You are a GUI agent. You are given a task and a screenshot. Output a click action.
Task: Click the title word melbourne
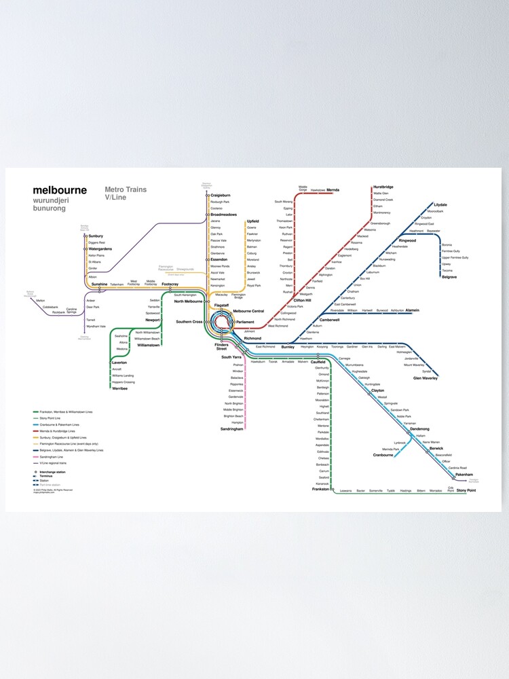coord(60,190)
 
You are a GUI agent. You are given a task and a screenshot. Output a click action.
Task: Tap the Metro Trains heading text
coord(126,189)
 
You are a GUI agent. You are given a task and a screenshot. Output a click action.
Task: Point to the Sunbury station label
coord(96,236)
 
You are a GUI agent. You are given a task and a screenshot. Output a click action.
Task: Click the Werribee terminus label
coord(119,388)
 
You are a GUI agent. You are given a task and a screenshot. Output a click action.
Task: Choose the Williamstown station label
coord(148,345)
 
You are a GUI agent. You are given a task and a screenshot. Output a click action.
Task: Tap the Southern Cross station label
coord(189,321)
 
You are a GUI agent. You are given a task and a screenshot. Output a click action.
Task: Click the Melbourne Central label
coord(248,311)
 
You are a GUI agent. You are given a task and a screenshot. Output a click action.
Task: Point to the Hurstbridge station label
coord(383,187)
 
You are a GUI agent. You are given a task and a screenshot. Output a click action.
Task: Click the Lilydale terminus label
coord(440,204)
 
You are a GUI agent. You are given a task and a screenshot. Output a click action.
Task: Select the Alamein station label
coord(413,310)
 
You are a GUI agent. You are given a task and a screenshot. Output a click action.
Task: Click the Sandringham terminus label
coord(231,429)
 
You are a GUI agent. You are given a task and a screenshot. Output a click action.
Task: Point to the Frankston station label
coord(321,489)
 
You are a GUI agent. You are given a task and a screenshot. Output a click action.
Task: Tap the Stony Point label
coord(466,490)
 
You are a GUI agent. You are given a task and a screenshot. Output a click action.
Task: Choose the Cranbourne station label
coord(383,455)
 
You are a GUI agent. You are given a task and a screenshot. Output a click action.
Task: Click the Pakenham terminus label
coord(464,475)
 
